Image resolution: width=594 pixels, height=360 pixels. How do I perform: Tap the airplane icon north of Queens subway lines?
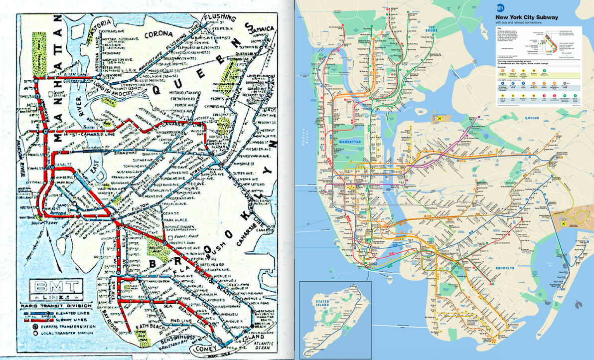coord(439,118)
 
